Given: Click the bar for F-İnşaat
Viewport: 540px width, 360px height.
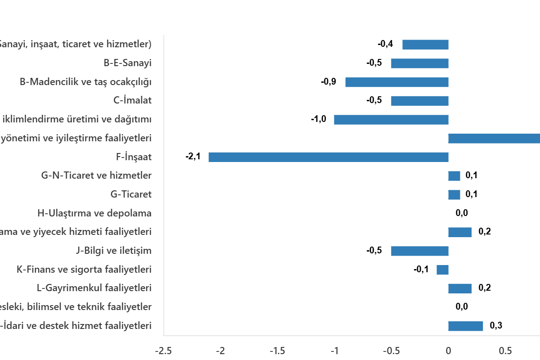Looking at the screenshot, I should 328,157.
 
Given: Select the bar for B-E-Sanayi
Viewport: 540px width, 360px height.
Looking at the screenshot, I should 420,63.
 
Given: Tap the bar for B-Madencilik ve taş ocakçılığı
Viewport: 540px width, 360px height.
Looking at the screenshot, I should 397,82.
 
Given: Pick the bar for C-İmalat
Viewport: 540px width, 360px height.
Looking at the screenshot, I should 420,101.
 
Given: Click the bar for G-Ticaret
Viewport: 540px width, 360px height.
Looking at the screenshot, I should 454,195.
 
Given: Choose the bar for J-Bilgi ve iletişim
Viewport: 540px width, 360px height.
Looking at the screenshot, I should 420,251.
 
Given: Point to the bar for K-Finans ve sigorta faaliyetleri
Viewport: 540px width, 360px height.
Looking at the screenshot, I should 442,270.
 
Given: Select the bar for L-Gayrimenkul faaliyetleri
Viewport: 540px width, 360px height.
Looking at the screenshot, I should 460,288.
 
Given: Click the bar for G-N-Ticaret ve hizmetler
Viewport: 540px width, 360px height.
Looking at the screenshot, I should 454,176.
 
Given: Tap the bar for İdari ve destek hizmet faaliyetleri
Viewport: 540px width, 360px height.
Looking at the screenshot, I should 466,326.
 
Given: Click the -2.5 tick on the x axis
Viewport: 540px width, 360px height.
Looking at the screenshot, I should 163,351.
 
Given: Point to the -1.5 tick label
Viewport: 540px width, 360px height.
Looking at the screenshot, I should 277,351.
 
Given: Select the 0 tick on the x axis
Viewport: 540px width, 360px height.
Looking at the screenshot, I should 448,351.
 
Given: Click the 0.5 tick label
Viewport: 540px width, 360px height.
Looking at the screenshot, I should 505,351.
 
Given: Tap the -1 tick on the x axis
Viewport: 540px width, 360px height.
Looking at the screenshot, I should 334,351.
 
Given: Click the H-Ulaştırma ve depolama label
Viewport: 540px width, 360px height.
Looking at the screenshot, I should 94,213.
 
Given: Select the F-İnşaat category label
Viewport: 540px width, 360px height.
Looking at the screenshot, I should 134,157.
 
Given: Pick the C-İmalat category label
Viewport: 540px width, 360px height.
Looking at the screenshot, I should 132,101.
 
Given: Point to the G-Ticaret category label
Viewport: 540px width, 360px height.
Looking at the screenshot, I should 131,195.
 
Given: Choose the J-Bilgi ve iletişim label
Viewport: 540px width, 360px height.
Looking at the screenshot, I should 113,251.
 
